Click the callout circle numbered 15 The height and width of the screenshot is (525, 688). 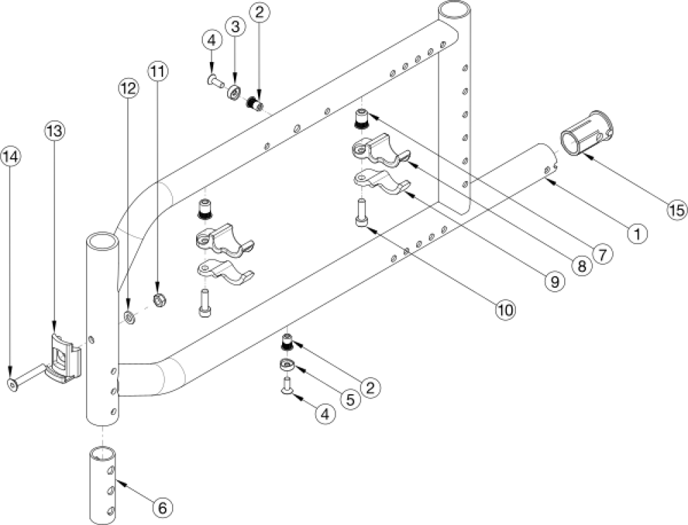coord(676,210)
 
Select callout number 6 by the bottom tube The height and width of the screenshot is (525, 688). coord(162,508)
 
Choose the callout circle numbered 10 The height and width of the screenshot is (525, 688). coord(505,310)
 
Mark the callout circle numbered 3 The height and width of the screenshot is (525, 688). coord(236,27)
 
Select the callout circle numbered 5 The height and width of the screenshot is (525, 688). coord(349,398)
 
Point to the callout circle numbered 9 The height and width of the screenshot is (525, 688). coord(553,281)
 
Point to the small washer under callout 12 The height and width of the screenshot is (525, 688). coord(129,318)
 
